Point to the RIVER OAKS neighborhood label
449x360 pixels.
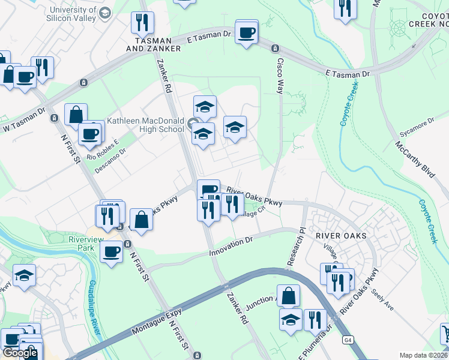pyautogui.click(x=340, y=236)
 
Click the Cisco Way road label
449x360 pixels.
pyautogui.click(x=280, y=74)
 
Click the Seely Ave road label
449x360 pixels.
pyautogui.click(x=382, y=298)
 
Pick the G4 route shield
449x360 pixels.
pyautogui.click(x=348, y=340)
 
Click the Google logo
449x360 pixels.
pyautogui.click(x=20, y=353)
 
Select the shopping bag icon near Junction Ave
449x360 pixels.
pyautogui.click(x=288, y=296)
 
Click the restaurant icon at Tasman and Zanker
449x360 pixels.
pyautogui.click(x=143, y=23)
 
